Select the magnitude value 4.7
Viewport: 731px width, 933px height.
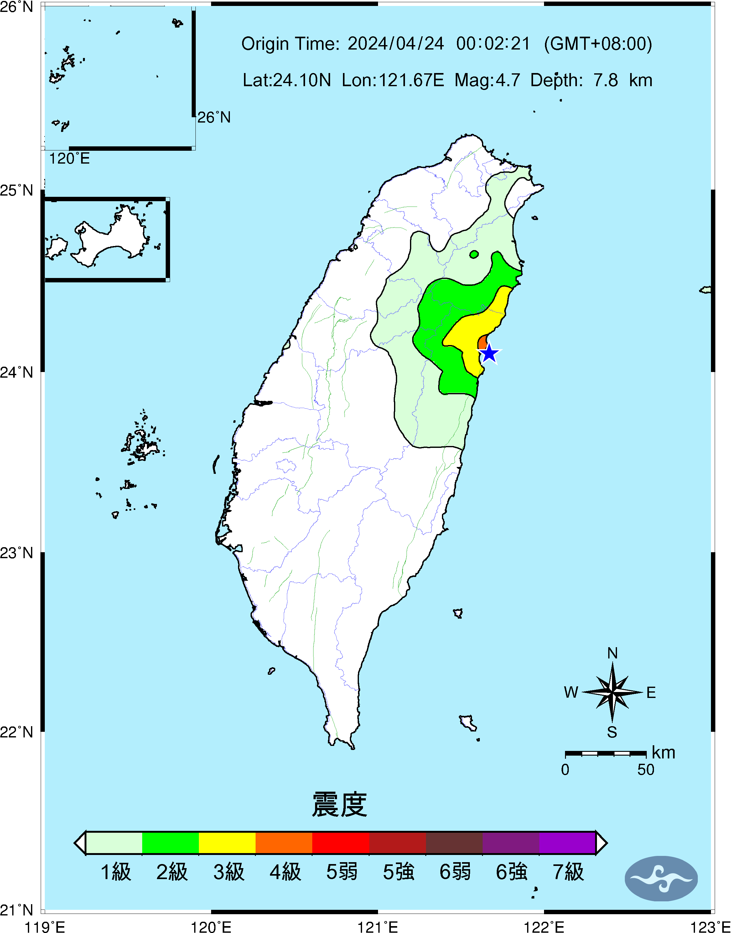(x=508, y=80)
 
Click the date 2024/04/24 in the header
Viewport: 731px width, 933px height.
(x=396, y=44)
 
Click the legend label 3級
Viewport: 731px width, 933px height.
(x=229, y=872)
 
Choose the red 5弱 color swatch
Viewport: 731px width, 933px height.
(x=341, y=843)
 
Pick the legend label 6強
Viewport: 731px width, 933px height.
(x=511, y=872)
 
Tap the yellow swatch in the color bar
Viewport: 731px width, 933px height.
(x=227, y=843)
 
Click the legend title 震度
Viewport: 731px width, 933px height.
(x=340, y=805)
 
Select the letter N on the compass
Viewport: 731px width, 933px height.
(x=612, y=653)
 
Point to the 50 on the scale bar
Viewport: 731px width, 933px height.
(x=645, y=770)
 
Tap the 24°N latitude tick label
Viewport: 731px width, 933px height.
(x=16, y=372)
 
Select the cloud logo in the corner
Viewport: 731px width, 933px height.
(x=661, y=878)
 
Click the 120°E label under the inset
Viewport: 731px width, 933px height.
(x=69, y=159)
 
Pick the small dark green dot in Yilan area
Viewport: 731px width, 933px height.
(x=474, y=254)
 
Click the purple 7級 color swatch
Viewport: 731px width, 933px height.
(x=567, y=843)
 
